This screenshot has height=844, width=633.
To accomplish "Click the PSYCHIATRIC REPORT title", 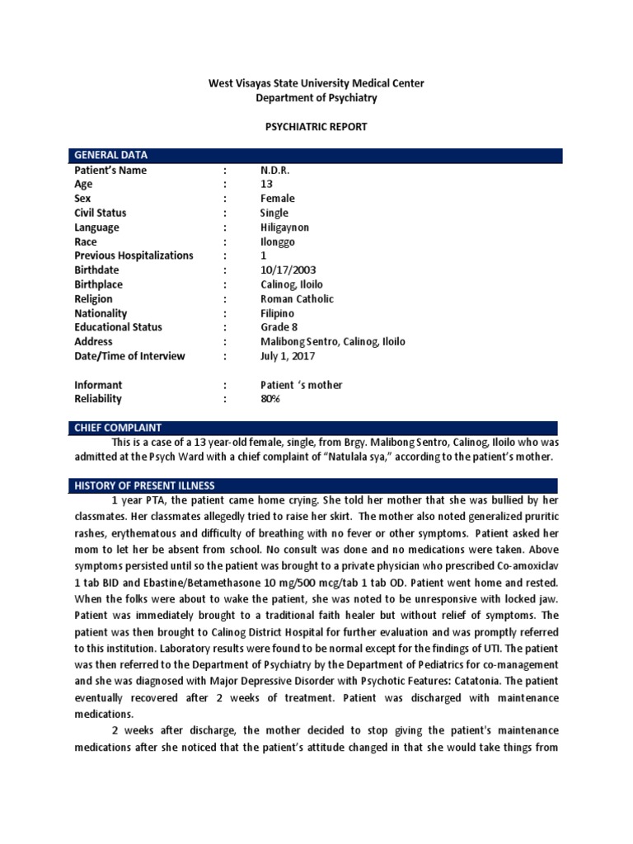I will coord(316,128).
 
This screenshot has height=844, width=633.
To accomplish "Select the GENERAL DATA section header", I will coord(111,156).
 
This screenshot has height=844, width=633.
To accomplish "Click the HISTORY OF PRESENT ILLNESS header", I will coord(144,485).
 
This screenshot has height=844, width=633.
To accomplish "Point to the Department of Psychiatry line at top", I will coord(316,98).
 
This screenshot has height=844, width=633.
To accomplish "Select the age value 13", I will coord(266,185).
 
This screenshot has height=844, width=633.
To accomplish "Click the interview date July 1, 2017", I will coord(286,356).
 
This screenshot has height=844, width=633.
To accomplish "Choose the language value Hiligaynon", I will coord(287,227).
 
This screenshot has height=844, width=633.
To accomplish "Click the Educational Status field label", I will coord(118,327).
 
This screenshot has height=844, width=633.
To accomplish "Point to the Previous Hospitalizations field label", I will coord(134,256).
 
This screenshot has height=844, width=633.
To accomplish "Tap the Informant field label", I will coord(98,384).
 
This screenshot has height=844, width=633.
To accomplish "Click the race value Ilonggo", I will coord(278,241).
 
